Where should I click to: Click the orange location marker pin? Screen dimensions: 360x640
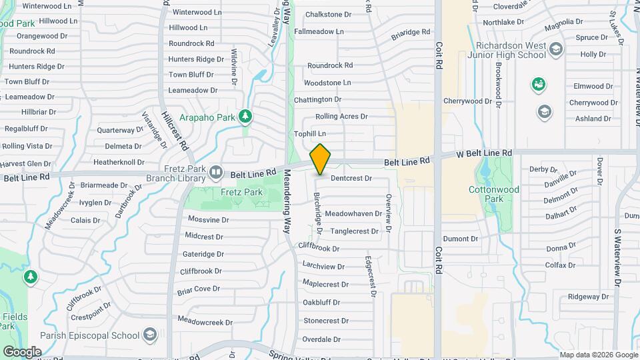point(321,159)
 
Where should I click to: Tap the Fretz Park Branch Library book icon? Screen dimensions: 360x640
point(216,173)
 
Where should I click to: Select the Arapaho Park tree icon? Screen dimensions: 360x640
point(246,117)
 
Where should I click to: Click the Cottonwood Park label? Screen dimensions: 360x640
point(503,194)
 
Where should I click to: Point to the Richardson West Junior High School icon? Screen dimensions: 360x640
point(557,49)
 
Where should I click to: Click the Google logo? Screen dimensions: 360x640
point(21,351)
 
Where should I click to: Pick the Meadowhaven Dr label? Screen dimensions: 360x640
point(353,213)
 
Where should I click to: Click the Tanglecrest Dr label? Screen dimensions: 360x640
point(355,231)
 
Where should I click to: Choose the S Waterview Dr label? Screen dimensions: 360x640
point(618,259)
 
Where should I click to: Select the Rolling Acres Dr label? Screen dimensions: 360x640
point(341,117)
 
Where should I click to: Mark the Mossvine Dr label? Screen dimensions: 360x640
point(208,219)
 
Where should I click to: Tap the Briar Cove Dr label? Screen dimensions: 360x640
point(199,289)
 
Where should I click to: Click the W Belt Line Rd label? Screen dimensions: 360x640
point(484,154)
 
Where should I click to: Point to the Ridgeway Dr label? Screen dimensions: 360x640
point(589,297)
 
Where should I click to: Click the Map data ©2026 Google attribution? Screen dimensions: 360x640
point(598,355)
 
